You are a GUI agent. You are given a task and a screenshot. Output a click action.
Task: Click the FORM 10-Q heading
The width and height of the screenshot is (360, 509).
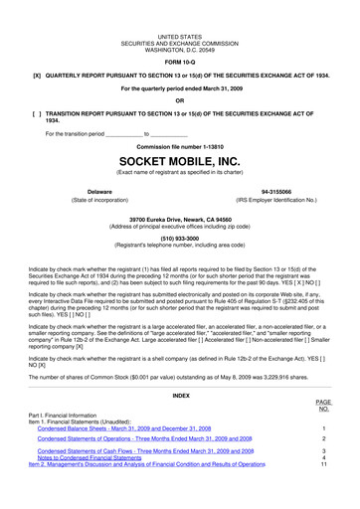179,58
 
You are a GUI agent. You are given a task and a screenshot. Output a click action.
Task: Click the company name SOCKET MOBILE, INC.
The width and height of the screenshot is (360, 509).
179,159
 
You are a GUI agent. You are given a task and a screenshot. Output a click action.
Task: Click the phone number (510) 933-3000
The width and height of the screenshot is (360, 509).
179,239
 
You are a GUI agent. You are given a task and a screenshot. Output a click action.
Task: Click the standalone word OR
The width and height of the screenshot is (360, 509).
179,100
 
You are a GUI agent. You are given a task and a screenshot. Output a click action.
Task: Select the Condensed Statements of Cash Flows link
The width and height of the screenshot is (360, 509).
149,449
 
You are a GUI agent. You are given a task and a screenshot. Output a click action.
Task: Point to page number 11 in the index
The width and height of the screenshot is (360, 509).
324,464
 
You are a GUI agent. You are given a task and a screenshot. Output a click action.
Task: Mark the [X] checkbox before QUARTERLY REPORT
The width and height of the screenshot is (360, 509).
37,74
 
